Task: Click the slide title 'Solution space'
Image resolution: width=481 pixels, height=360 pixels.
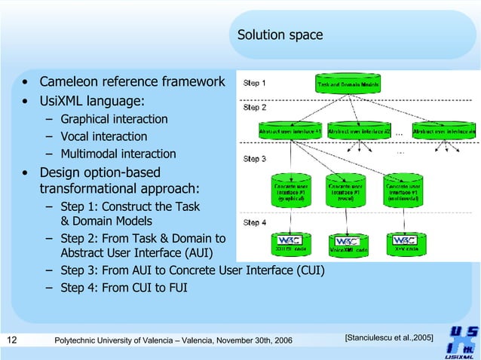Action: point(280,35)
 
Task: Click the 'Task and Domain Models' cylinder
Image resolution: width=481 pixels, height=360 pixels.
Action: point(348,85)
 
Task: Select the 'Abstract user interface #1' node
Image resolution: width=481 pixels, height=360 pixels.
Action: point(290,130)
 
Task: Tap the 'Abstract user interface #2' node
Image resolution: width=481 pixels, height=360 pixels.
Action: point(360,130)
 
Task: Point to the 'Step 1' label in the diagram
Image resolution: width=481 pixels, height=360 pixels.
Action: point(254,83)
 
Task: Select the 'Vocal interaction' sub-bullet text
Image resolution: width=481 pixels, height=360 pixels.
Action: point(103,136)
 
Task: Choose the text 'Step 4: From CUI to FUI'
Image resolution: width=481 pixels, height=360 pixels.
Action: point(124,287)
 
